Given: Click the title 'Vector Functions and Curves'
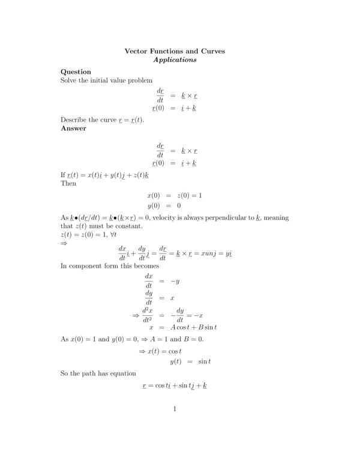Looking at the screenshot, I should coord(175,51).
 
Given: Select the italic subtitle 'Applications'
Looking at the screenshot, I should coord(175,60).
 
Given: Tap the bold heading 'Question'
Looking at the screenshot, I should coord(76,71).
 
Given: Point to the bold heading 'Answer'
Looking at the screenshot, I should coord(74,128).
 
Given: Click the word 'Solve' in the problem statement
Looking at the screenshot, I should coord(69,80).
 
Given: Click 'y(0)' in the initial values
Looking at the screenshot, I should coord(155,205).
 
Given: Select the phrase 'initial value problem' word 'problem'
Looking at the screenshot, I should coord(139,80).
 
